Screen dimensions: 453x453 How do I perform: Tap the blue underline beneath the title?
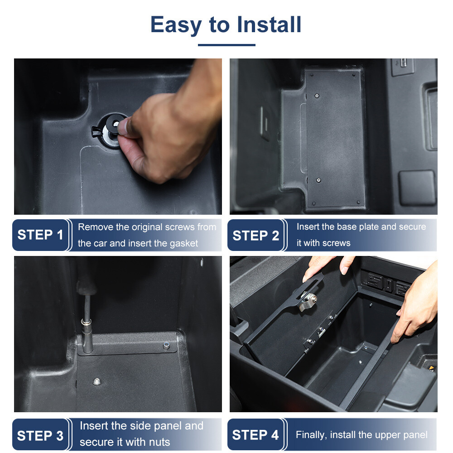(226, 44)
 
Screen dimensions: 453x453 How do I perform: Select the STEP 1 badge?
(40, 235)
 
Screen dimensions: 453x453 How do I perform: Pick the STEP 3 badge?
(40, 435)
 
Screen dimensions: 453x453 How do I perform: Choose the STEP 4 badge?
(255, 435)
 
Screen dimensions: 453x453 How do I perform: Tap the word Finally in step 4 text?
(311, 435)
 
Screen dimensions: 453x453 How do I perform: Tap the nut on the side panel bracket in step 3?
(167, 346)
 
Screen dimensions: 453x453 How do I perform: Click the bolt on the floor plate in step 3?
(96, 381)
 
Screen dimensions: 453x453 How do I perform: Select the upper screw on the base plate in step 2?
(317, 96)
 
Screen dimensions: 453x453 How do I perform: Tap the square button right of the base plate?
(417, 187)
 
